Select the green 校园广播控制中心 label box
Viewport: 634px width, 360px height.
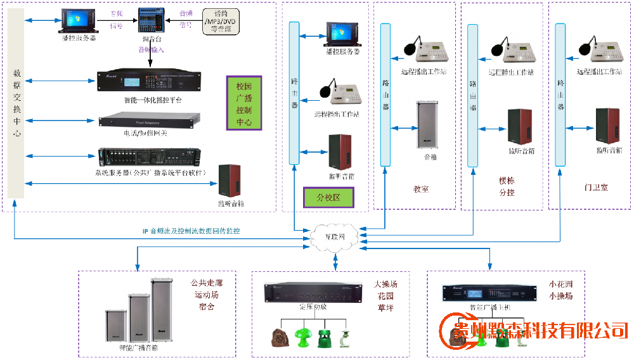click(244, 103)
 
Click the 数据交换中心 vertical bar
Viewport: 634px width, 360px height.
click(18, 105)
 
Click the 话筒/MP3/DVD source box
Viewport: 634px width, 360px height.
click(224, 23)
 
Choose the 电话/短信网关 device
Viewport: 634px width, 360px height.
click(150, 120)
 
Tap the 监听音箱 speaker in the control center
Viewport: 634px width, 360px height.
click(230, 181)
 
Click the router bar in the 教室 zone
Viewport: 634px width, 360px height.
click(385, 95)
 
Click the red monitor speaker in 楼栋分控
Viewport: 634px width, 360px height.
click(521, 127)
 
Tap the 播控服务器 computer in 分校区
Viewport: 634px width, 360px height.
click(342, 35)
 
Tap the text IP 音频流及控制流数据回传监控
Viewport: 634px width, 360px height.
click(191, 231)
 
